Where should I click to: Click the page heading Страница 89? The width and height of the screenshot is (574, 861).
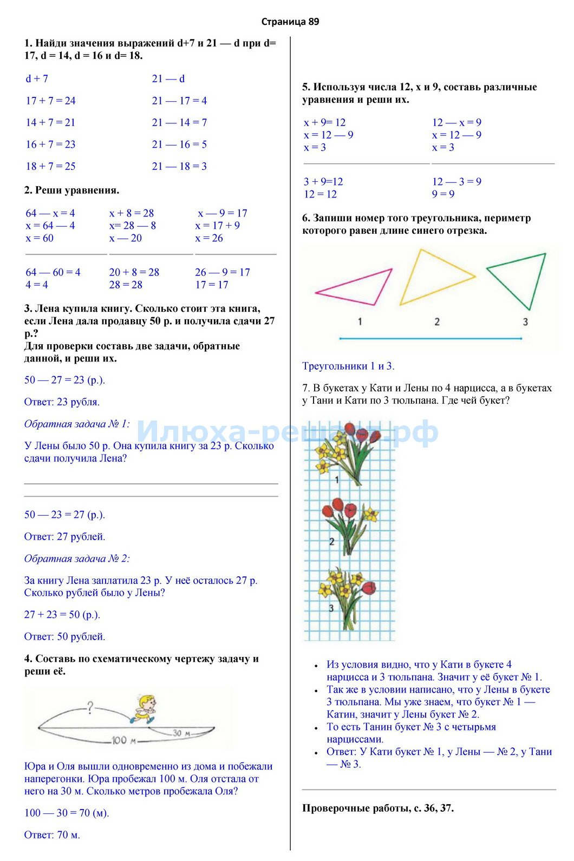coord(290,22)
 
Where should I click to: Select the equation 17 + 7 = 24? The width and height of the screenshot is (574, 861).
coord(51,101)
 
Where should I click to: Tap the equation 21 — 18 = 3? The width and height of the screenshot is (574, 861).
coord(179,166)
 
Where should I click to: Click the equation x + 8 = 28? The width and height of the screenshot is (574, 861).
coord(132,213)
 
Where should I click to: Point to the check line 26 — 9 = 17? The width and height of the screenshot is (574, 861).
coord(223,272)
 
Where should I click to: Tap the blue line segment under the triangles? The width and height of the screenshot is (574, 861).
coord(430,339)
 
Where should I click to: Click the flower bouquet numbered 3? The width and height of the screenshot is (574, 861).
coord(347,598)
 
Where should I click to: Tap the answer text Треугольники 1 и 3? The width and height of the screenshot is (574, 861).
coord(348,366)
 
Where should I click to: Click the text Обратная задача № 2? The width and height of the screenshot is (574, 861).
coord(77,558)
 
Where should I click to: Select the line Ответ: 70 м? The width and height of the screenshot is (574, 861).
coord(52,835)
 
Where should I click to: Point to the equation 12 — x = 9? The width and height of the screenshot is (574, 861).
coord(456,123)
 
